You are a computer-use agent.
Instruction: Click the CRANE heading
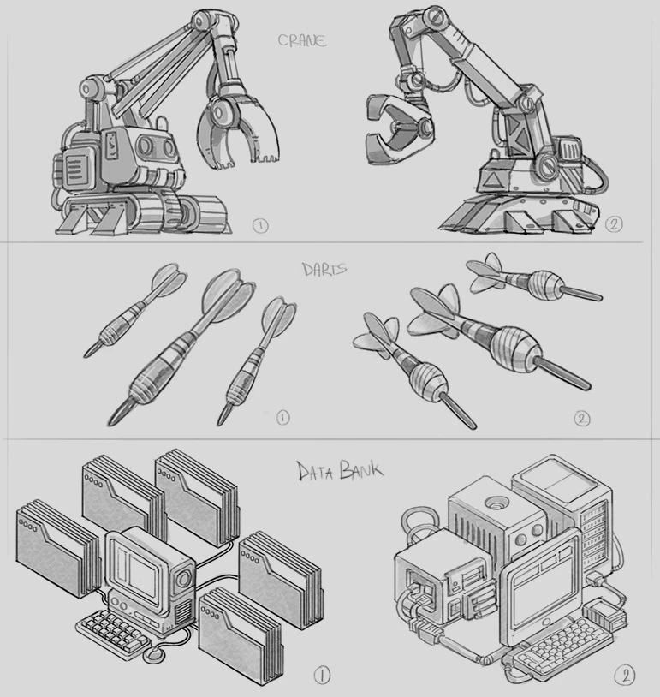coord(302,40)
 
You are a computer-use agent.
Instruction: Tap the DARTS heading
coord(324,270)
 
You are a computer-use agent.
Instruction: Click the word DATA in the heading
coord(315,472)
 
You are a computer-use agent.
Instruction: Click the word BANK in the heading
coord(360,469)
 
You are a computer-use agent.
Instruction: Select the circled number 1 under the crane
coord(260,226)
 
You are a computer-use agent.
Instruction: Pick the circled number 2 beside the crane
coord(613,223)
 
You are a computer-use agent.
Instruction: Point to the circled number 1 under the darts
coord(282,417)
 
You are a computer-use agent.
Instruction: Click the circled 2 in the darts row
coord(582,419)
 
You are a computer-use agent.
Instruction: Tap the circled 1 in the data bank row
coord(322,676)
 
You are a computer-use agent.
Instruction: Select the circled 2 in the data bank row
coord(625,676)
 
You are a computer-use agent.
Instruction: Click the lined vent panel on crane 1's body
coord(75,168)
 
